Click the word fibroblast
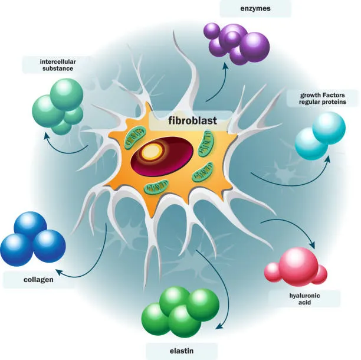[x=183, y=121]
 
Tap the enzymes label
[x=255, y=8]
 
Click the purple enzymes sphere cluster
[x=236, y=42]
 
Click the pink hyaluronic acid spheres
[x=296, y=265]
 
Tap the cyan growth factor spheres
[x=320, y=136]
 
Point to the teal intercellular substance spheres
[x=58, y=105]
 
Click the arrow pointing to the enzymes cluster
[x=217, y=83]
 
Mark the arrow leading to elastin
[x=212, y=283]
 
